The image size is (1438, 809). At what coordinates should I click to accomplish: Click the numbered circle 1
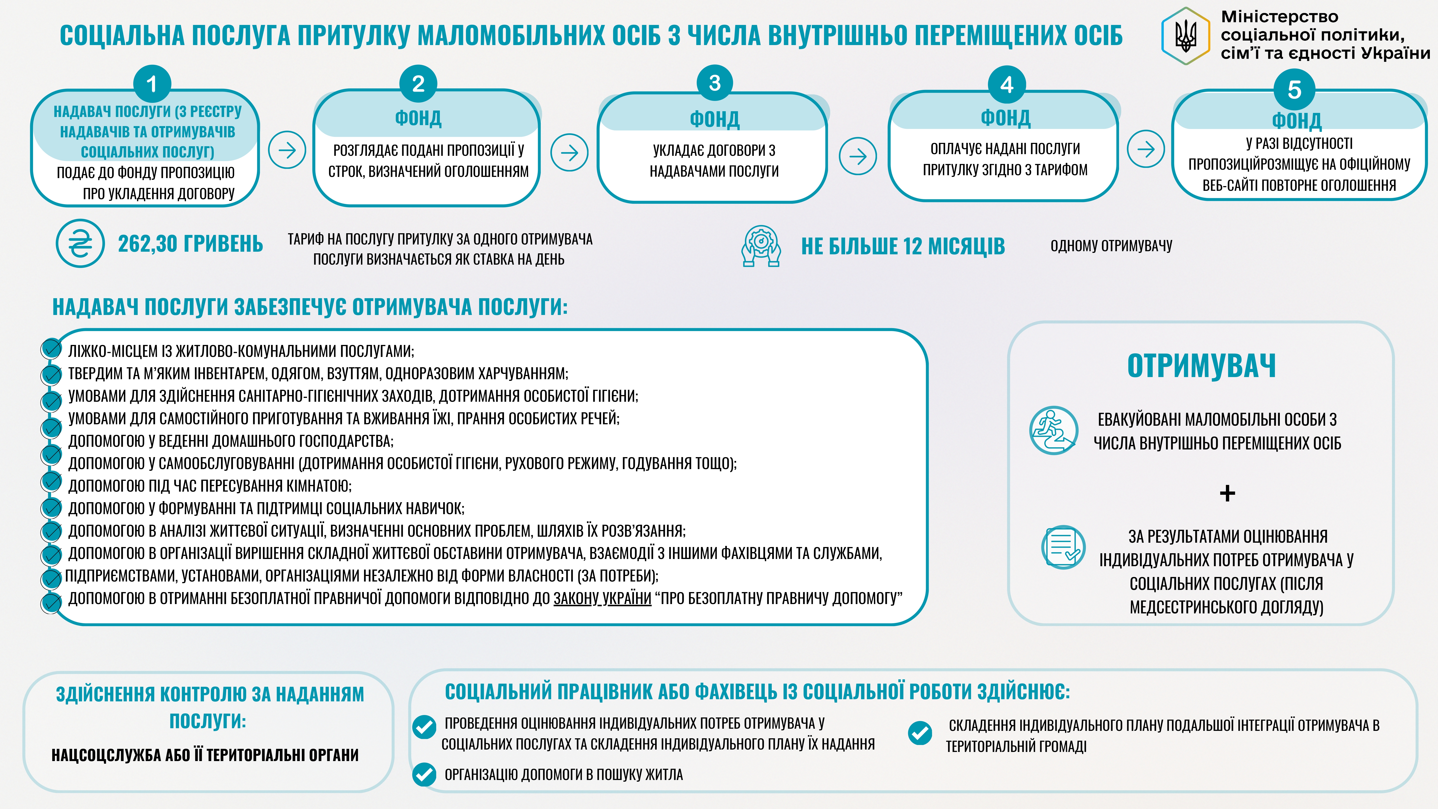click(152, 84)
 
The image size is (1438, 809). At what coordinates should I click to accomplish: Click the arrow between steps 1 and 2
click(287, 150)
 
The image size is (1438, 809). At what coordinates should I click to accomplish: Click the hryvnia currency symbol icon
click(80, 244)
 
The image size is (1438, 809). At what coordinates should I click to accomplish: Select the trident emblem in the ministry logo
click(1186, 36)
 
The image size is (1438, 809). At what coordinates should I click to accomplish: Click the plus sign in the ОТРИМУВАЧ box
click(1227, 493)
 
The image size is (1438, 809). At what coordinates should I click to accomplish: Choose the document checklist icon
click(1063, 547)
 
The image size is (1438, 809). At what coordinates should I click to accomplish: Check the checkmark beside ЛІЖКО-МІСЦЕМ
click(51, 349)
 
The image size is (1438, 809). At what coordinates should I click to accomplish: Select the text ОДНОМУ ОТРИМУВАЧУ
click(1111, 246)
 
